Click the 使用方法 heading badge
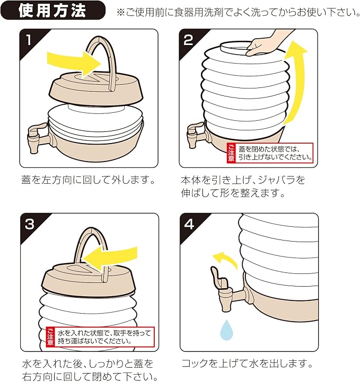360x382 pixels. (x=53, y=10)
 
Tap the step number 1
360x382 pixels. (x=29, y=40)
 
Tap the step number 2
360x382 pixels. (x=188, y=40)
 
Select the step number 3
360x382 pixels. (x=30, y=224)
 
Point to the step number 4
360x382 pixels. (x=189, y=224)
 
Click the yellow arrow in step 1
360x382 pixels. (x=74, y=64)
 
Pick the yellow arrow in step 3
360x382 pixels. (x=109, y=256)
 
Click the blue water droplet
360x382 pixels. (x=226, y=330)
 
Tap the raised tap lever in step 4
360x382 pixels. (x=217, y=277)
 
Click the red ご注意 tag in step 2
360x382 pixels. (x=231, y=153)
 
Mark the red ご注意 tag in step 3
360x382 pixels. (x=50, y=337)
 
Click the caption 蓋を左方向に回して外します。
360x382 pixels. (x=88, y=180)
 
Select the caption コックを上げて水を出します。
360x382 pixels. (x=247, y=363)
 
